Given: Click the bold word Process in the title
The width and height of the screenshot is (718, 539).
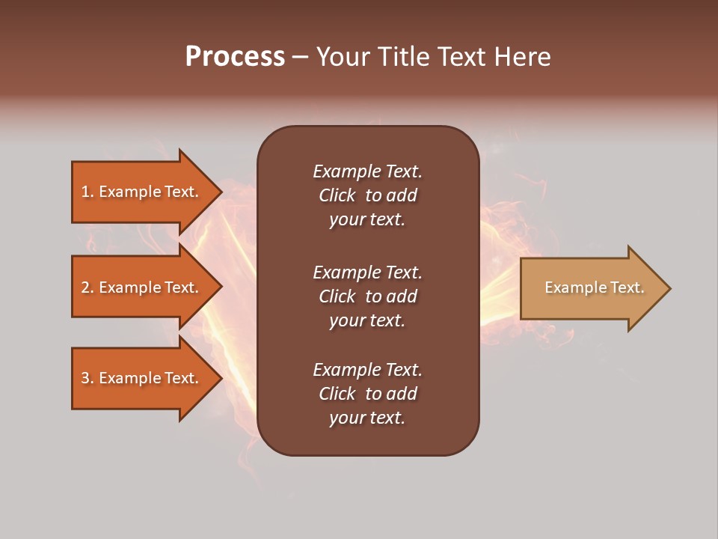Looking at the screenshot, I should point(235,57).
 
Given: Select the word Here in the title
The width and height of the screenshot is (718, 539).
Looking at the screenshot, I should point(524,57).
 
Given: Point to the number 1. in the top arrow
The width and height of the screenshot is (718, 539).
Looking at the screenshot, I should point(88,192).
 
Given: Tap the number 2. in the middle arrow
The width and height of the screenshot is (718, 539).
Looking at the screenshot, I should point(88,287).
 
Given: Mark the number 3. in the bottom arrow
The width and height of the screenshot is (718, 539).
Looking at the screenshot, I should point(88,378).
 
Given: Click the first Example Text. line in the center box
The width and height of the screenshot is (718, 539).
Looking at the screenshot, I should point(367,171).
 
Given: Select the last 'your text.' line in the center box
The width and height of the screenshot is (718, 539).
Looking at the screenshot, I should point(367,418).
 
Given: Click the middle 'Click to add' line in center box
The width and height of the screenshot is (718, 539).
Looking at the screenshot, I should point(367,296).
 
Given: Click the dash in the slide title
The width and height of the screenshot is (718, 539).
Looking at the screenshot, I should point(300,57).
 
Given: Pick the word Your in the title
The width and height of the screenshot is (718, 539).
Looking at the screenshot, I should point(340,57).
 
